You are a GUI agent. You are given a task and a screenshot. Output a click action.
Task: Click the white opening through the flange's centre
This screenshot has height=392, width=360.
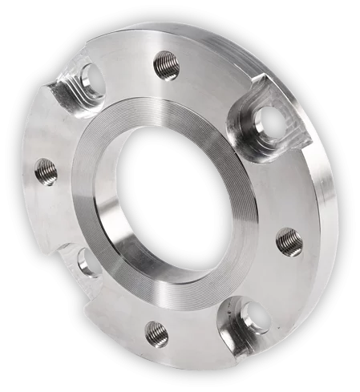178,200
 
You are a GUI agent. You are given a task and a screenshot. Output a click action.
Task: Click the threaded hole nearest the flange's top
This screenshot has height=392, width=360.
166,64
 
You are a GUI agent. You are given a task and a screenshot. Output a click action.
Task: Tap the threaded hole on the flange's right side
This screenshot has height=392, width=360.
288,240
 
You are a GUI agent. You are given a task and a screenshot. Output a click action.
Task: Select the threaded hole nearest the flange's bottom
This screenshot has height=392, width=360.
157,333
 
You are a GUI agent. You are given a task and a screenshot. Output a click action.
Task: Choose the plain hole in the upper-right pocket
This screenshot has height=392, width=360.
271,122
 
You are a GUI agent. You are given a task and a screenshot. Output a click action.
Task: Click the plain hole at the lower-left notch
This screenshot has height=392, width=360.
89,261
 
